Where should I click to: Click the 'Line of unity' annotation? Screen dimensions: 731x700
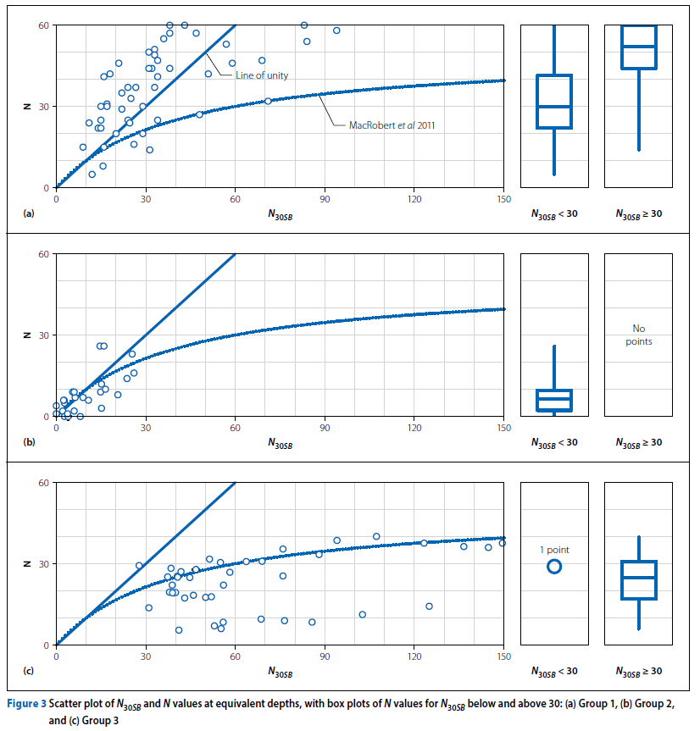[x=262, y=75]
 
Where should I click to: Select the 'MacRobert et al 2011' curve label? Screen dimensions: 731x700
[x=397, y=125]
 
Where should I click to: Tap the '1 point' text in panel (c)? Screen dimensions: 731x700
[x=554, y=550]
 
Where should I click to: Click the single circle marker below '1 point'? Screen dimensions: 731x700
[x=554, y=567]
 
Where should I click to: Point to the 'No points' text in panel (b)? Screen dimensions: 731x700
[x=639, y=335]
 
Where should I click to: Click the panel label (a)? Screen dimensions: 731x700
[x=29, y=214]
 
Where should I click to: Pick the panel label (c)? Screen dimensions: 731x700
[x=29, y=672]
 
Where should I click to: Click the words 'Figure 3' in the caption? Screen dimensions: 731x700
[x=27, y=704]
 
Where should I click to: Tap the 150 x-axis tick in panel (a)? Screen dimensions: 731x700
[x=503, y=199]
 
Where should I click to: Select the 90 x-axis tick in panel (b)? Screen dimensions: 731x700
[x=325, y=428]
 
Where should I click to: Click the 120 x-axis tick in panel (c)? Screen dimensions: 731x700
[x=414, y=656]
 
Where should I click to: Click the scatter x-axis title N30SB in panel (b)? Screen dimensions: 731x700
[x=280, y=442]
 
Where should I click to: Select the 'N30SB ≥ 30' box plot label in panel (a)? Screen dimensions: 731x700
[x=639, y=214]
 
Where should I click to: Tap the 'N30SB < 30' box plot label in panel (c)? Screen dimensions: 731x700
[x=554, y=672]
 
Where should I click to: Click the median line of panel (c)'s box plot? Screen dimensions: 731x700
[x=639, y=578]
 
